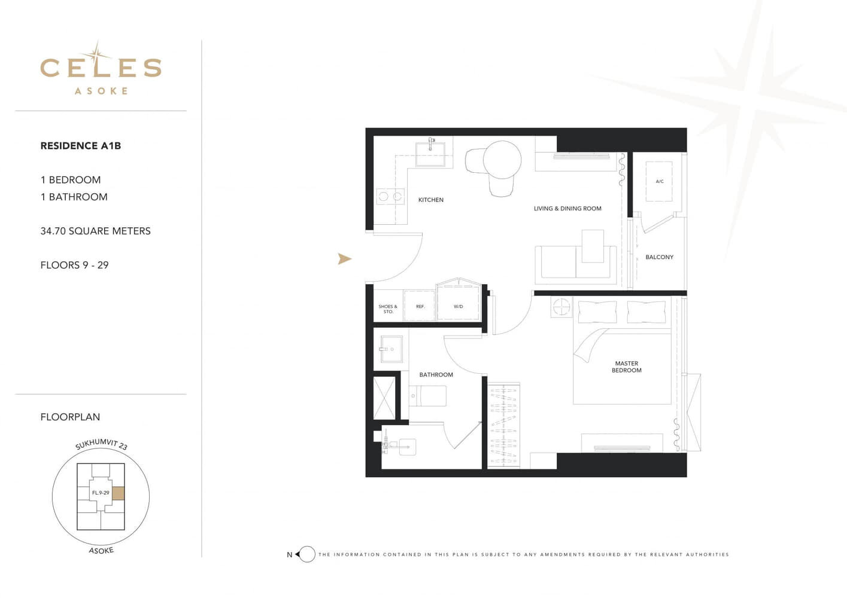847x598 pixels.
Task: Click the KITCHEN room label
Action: click(431, 200)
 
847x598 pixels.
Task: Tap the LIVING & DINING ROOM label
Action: click(567, 209)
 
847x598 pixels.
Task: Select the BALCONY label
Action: click(659, 257)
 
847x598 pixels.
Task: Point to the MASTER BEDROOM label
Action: click(627, 367)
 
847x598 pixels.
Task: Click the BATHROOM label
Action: click(436, 375)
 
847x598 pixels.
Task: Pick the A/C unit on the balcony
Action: click(659, 182)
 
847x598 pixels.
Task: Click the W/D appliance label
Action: click(459, 306)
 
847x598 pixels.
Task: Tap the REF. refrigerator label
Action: click(420, 306)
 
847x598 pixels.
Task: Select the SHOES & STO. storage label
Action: click(388, 309)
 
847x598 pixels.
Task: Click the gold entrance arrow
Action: click(344, 259)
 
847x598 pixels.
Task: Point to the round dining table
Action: click(502, 160)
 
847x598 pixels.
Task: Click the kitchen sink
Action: click(430, 154)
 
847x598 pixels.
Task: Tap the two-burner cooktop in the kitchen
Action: click(390, 196)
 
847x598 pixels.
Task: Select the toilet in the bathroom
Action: click(427, 396)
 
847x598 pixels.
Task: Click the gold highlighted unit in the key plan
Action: click(119, 493)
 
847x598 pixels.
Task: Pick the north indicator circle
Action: click(308, 554)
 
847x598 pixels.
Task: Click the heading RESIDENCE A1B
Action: click(81, 146)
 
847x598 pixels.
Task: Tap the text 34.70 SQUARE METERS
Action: click(95, 231)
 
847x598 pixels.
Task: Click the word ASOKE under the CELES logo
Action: click(101, 91)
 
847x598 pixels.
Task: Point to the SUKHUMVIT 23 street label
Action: click(101, 444)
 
